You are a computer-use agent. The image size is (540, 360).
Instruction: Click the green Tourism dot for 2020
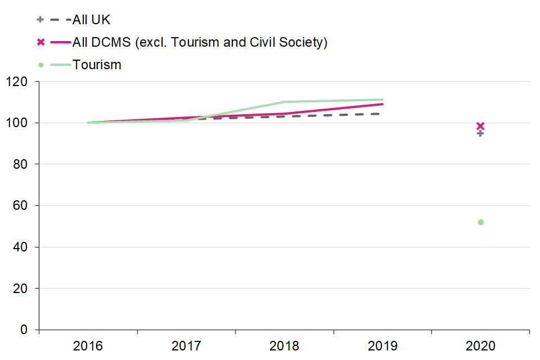point(481,222)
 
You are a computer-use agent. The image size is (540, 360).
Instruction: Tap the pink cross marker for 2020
point(480,126)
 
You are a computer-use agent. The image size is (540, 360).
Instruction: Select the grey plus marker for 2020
point(480,133)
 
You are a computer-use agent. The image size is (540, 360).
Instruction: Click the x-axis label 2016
point(88,345)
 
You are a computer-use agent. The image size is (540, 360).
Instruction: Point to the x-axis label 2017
point(186,345)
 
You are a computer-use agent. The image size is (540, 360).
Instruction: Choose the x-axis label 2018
point(285,345)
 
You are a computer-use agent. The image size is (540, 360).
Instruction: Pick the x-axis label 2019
point(382,345)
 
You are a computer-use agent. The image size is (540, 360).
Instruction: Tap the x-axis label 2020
point(481,345)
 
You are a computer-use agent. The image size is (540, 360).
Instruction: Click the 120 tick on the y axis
point(20,82)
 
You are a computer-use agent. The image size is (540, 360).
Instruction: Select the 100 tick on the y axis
point(20,123)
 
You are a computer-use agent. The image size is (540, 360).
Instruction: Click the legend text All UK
point(92,20)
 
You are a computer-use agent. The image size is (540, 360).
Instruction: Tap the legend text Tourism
point(97,65)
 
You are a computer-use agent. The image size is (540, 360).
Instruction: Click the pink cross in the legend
point(40,42)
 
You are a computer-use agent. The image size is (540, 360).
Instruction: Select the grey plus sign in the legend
point(40,20)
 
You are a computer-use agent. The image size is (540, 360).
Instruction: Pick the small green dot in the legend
point(40,65)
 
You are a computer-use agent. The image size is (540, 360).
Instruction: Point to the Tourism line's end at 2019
point(382,100)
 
